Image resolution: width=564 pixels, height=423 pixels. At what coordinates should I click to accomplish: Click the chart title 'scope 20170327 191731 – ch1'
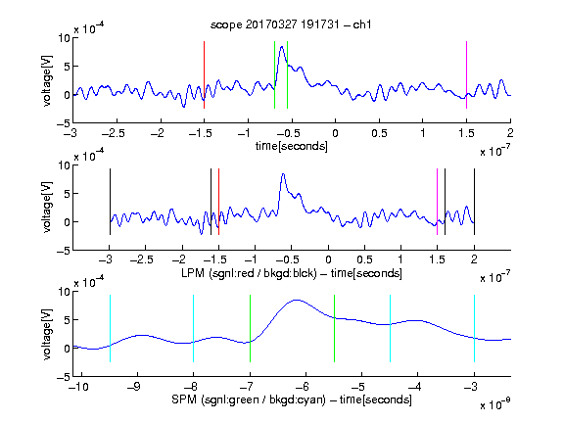[291, 24]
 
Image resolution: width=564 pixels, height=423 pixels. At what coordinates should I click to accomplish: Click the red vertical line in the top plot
[204, 74]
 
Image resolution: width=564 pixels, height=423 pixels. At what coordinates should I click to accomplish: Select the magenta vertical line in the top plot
[466, 74]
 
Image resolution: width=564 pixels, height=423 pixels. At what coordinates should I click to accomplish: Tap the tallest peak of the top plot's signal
[282, 47]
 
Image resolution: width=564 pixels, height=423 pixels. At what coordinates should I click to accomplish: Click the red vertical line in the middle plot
[218, 202]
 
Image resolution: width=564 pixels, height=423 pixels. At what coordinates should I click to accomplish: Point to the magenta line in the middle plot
[437, 202]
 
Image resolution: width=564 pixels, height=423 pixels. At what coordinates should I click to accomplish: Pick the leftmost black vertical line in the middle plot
[110, 202]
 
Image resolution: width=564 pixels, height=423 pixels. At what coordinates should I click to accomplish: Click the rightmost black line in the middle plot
[474, 202]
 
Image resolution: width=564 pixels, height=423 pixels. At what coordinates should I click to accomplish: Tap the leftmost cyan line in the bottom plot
[110, 328]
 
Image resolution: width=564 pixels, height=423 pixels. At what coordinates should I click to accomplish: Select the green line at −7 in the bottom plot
[250, 328]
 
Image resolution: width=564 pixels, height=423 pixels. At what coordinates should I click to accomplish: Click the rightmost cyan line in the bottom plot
[474, 328]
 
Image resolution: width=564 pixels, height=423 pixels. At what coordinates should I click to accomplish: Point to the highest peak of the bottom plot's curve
[296, 300]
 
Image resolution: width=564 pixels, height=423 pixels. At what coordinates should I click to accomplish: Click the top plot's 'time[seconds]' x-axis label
[292, 146]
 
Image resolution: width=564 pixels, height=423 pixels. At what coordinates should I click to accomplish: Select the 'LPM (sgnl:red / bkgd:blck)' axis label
[249, 273]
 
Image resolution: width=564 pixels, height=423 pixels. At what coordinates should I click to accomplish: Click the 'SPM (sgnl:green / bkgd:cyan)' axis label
[249, 399]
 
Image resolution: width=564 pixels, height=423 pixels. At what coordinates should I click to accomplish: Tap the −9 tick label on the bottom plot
[134, 387]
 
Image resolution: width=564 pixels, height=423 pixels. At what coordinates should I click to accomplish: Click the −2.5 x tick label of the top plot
[114, 133]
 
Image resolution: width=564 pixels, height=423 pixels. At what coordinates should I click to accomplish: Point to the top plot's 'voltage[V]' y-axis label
[47, 80]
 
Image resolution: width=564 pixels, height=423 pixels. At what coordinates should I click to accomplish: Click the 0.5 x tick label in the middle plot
[364, 259]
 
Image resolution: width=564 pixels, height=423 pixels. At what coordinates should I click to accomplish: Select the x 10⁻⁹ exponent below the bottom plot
[495, 403]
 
